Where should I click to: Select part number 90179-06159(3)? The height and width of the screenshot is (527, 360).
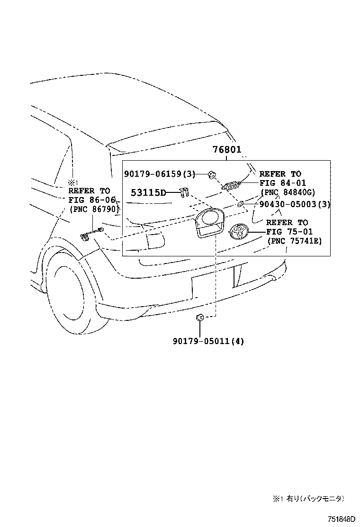(x=160, y=174)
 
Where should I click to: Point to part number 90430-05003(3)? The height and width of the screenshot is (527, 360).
(x=295, y=204)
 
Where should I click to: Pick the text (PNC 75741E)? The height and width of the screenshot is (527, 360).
(x=294, y=241)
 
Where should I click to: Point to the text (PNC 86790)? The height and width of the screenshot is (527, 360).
(x=94, y=209)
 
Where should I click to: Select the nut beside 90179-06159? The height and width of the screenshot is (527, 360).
(x=212, y=175)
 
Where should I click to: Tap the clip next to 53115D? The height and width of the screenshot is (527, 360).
(x=184, y=192)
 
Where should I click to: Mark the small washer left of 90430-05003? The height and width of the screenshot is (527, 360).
(x=240, y=204)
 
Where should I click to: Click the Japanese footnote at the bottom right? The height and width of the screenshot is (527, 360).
(x=308, y=499)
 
